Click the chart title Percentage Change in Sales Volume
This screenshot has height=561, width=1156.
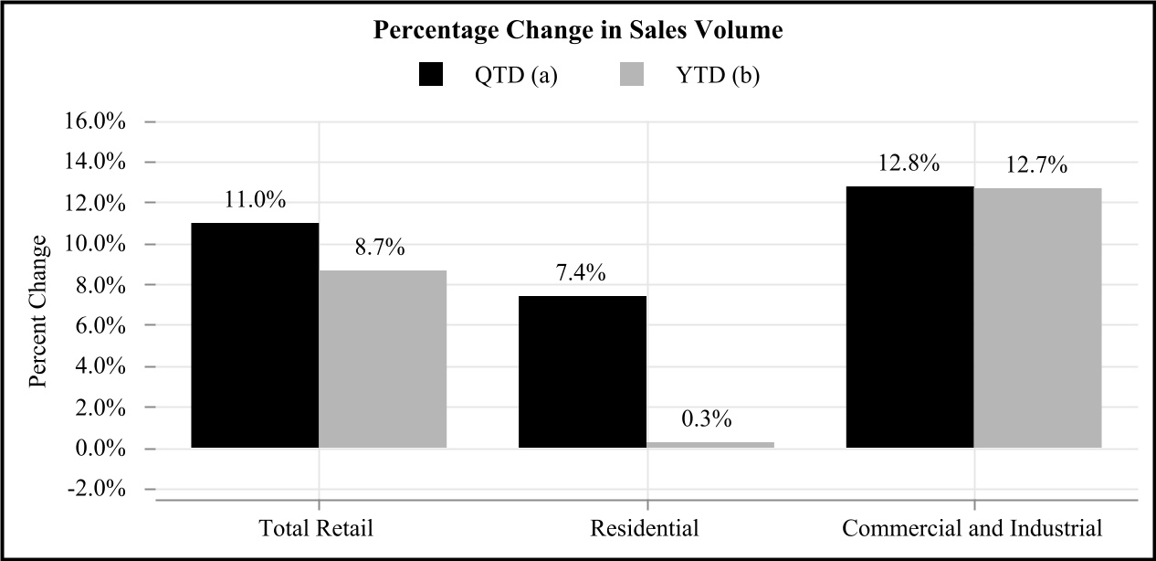pos(578,30)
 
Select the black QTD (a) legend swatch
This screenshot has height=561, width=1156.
pos(431,74)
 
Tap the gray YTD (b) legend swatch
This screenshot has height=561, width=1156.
pos(632,74)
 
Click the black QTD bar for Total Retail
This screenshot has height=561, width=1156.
pos(255,335)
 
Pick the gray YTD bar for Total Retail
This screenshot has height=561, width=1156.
pos(383,359)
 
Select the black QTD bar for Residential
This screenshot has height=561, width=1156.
pos(583,372)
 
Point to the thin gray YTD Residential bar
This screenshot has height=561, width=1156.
pos(710,445)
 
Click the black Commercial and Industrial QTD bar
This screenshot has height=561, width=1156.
pos(909,317)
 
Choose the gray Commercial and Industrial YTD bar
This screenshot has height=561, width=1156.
pos(1037,318)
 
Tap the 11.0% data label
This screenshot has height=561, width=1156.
pos(255,200)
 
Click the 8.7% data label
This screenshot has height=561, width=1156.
pos(380,248)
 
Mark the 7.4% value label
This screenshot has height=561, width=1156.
pos(581,273)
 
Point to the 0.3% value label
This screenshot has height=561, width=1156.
pos(707,419)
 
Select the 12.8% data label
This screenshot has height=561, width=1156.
pos(909,164)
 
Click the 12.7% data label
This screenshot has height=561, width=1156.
pos(1036,165)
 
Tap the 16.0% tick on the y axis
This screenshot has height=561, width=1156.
pos(94,122)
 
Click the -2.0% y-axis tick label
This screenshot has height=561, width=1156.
pos(97,489)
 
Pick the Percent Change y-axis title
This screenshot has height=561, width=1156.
pos(37,312)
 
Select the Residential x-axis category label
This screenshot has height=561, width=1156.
pos(645,528)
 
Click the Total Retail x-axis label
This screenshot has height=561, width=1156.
pos(316,528)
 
